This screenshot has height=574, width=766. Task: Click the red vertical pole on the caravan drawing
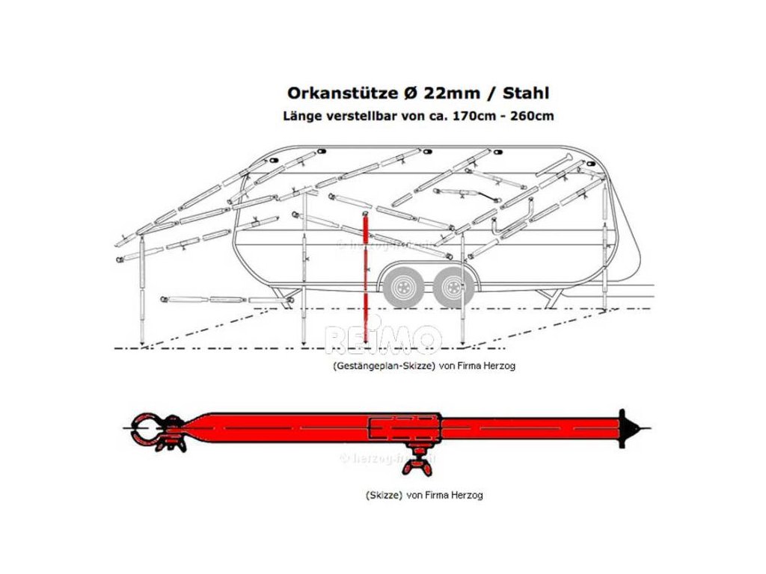click(366, 277)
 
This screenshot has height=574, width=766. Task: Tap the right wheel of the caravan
click(451, 286)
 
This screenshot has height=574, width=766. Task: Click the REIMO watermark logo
click(382, 339)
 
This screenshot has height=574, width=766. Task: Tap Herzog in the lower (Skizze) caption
click(467, 495)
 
